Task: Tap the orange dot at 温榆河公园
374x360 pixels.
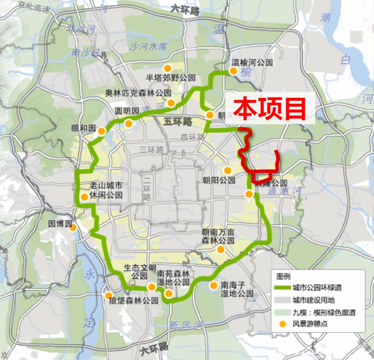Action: coord(233,71)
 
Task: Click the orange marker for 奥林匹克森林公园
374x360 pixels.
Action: coord(171,103)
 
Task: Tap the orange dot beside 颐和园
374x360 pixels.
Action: coord(102,131)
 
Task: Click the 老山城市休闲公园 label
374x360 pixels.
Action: coord(106,191)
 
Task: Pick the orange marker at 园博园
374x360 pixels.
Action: coord(73,229)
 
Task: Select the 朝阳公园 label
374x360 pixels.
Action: coord(219,180)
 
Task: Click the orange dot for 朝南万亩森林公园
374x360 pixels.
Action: coord(221,250)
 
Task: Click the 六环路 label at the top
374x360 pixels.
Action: coord(185,10)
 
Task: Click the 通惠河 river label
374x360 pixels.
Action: coord(285,191)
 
